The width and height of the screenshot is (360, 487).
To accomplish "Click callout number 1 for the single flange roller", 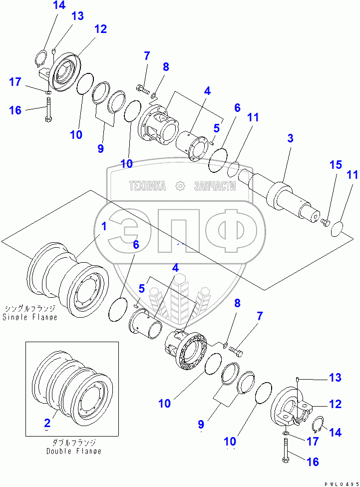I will click(104, 226).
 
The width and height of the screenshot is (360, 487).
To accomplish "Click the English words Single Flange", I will click(30, 317).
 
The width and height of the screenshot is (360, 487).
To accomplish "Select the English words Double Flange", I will click(74, 451).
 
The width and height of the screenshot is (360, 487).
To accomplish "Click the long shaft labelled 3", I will click(282, 197).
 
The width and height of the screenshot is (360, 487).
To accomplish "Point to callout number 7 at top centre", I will click(147, 56).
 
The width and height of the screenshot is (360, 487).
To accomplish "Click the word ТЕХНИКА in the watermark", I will click(147, 186).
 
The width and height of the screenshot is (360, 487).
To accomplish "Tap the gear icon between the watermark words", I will click(180, 186).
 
